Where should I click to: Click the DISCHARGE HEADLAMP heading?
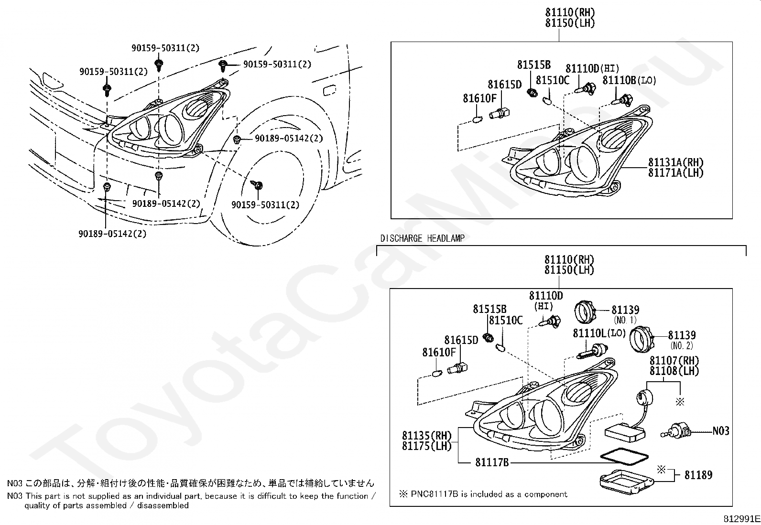pos(422,238)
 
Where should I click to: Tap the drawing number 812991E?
pos(740,519)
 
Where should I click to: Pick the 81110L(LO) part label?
pos(599,333)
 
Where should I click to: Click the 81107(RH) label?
pos(674,361)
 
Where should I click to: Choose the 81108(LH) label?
pos(674,371)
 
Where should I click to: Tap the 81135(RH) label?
pos(426,436)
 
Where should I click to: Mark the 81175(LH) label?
pos(426,446)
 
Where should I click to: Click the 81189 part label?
pos(698,475)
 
